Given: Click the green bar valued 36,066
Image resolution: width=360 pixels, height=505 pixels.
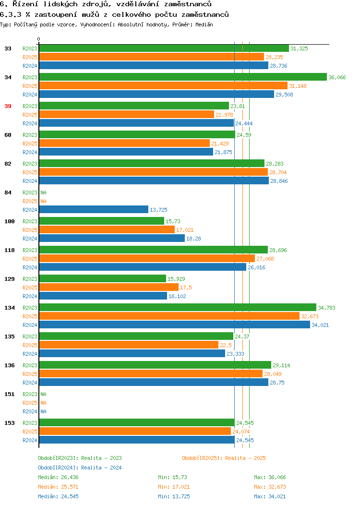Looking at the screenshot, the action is click(x=183, y=77).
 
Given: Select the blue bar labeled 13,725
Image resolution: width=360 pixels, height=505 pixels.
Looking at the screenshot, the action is click(x=94, y=210).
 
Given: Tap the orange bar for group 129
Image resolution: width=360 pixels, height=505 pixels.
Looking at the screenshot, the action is click(x=109, y=287).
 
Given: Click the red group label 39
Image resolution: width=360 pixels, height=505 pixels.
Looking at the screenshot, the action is click(x=8, y=106).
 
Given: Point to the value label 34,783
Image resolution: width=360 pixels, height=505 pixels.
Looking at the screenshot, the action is click(x=326, y=308).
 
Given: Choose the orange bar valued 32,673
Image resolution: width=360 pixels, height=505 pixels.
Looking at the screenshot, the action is click(x=169, y=316).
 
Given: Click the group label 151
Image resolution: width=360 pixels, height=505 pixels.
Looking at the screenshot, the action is click(x=9, y=394).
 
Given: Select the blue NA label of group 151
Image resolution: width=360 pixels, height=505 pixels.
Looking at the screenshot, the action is click(x=44, y=411).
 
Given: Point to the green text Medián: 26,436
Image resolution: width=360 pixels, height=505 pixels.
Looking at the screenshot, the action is click(x=58, y=477).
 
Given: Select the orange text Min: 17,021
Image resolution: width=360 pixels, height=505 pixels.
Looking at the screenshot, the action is click(x=174, y=487).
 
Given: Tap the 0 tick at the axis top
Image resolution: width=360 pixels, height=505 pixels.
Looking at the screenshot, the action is click(x=39, y=39).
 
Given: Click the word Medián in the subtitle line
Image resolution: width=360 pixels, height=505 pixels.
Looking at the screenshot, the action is click(x=204, y=24).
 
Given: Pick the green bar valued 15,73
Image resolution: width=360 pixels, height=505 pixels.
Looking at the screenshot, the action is click(x=102, y=221).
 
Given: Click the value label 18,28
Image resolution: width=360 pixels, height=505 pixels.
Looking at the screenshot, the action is click(x=193, y=239).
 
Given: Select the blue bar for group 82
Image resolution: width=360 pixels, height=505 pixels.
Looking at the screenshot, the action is click(x=154, y=180).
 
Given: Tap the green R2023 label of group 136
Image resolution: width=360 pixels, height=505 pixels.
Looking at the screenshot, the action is click(x=30, y=365).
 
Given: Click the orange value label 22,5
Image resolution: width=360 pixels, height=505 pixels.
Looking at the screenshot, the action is click(x=226, y=345).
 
